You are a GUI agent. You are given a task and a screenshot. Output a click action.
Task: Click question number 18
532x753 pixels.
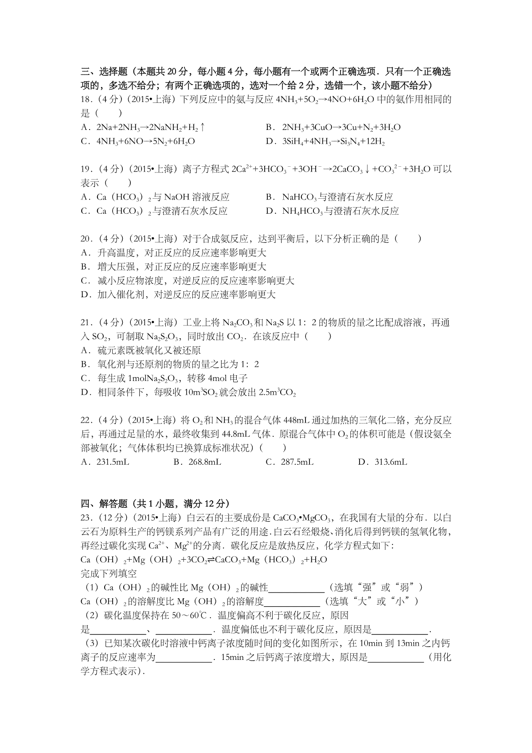click(x=87, y=99)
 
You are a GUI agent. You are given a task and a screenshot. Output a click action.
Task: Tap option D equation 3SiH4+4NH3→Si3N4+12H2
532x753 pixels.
click(x=333, y=142)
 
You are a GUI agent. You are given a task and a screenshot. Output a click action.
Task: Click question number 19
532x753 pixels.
click(x=87, y=169)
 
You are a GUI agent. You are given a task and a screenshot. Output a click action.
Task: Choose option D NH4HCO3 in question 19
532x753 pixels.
click(x=340, y=211)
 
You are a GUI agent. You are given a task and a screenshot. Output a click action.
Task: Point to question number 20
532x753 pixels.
click(x=87, y=239)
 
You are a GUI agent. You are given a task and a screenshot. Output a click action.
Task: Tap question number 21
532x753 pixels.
click(x=87, y=322)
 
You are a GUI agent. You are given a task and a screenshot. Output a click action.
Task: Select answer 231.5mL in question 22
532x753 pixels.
click(x=113, y=462)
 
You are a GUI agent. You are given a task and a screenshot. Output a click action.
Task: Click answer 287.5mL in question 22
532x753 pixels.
click(x=297, y=462)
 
